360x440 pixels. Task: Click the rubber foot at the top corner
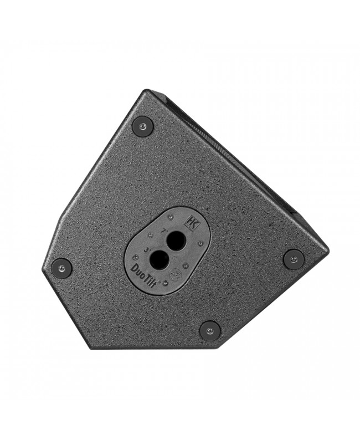(x=142, y=126)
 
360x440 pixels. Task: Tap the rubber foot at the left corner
(x=61, y=268)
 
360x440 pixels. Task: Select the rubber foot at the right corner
(x=294, y=259)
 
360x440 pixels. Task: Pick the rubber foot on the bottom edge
(x=210, y=330)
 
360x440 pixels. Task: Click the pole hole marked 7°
(x=177, y=241)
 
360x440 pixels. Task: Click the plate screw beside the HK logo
(x=171, y=217)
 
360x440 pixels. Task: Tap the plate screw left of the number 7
(x=150, y=235)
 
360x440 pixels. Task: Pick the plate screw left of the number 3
(x=136, y=258)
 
